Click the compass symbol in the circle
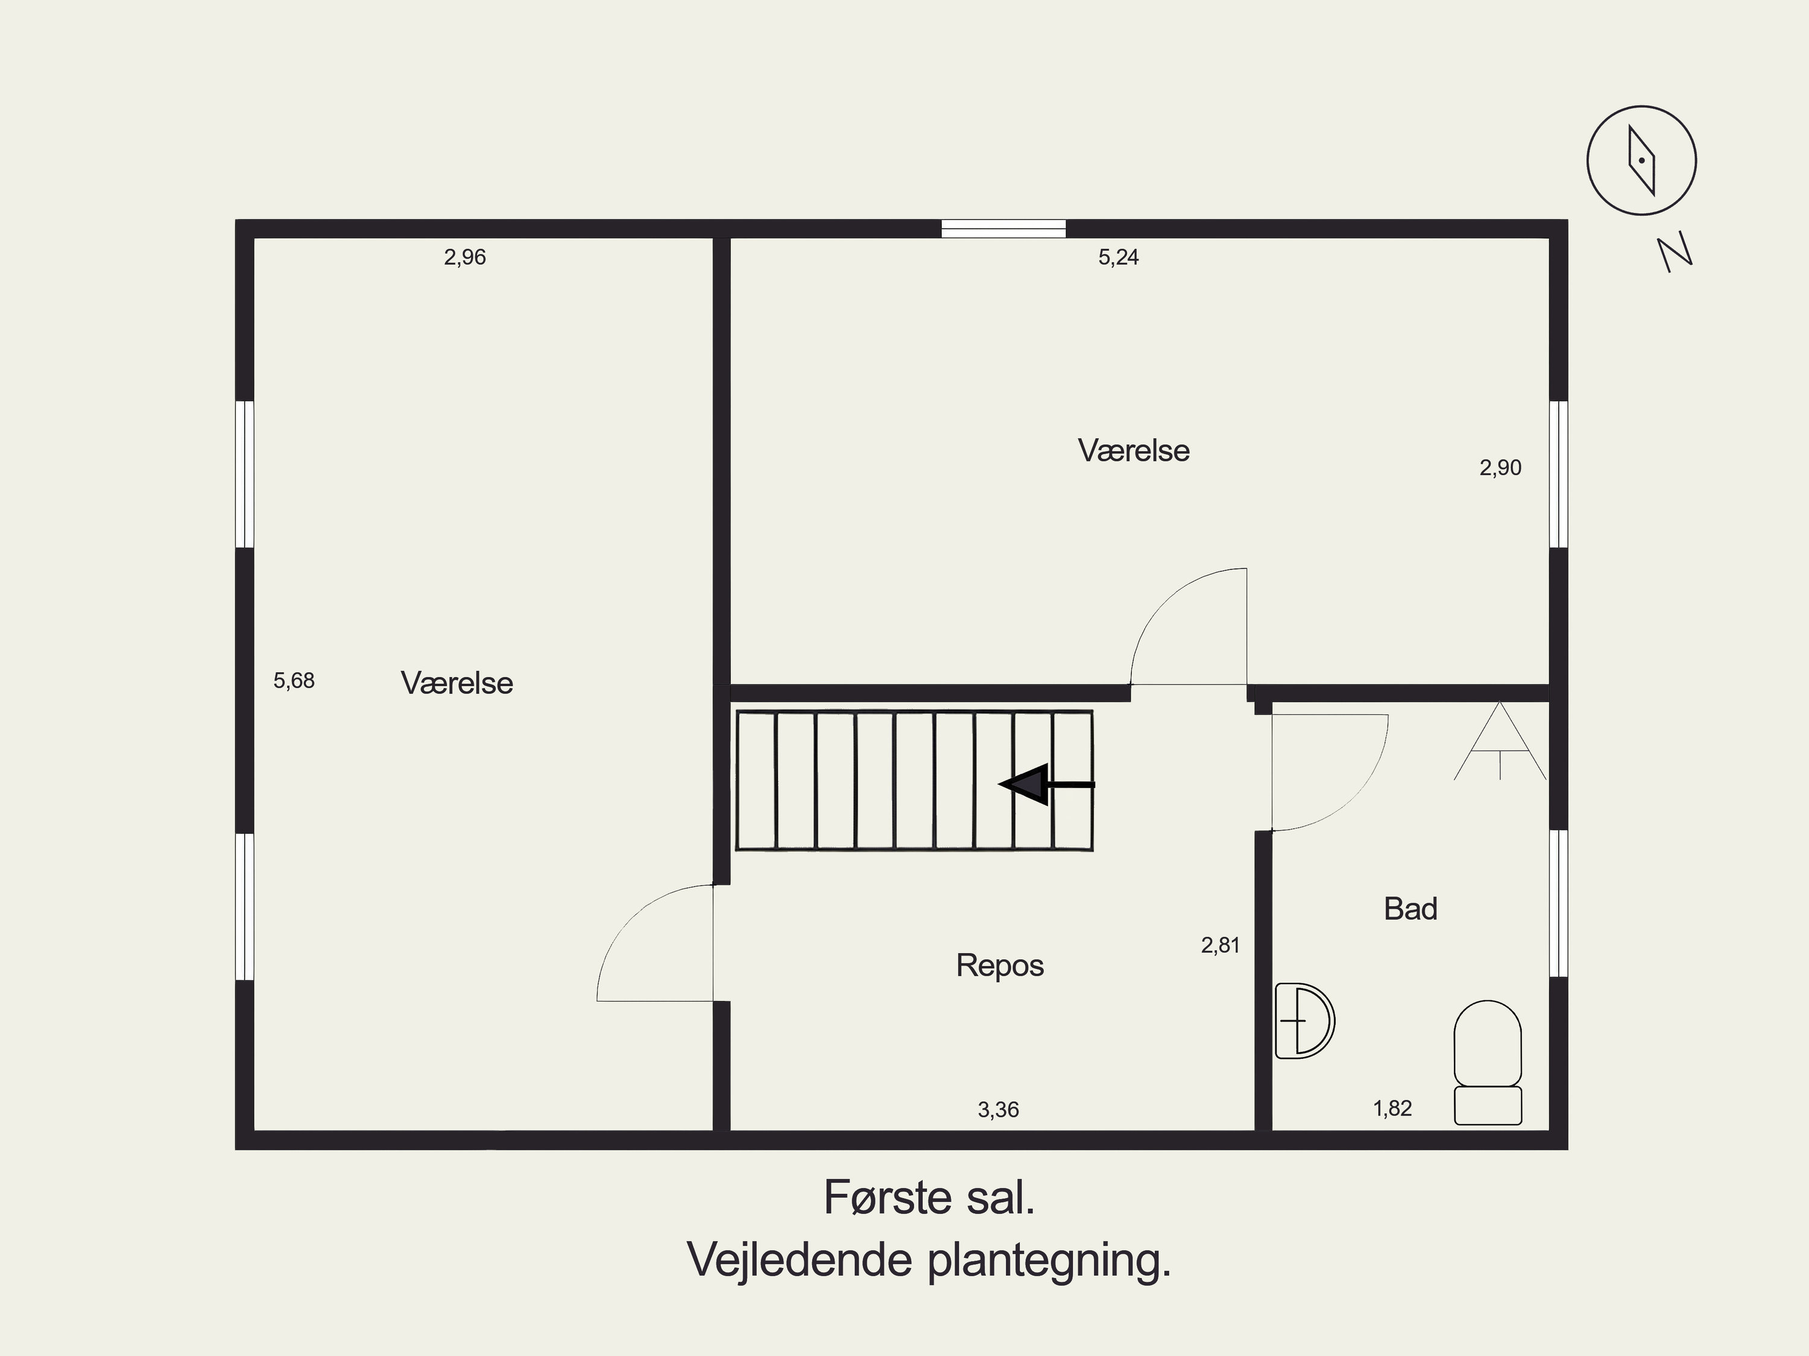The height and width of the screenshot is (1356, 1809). tap(1641, 160)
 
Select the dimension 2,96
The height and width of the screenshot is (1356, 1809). tap(464, 257)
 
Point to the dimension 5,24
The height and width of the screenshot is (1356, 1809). tap(1118, 257)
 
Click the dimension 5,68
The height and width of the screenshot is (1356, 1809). tap(294, 681)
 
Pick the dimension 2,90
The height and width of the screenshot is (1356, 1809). tap(1500, 468)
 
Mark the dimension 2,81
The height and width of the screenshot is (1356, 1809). tap(1220, 945)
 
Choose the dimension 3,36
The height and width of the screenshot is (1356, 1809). tap(998, 1110)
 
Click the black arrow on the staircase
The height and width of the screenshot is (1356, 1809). tap(1046, 784)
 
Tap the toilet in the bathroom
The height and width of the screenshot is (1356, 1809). tap(1488, 1062)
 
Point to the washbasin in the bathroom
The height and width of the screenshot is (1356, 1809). tap(1304, 1021)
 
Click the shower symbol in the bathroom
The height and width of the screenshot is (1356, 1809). tap(1499, 741)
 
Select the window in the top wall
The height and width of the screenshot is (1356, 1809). tap(1003, 229)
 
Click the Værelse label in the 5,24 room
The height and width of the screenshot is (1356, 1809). tap(1134, 450)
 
